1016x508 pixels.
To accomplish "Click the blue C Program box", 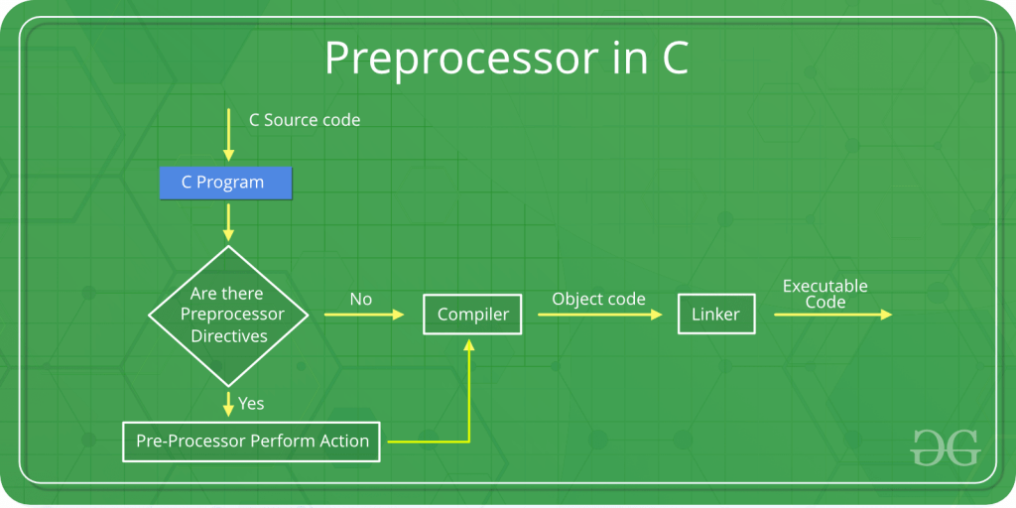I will pos(226,183).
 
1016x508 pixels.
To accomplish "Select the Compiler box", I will pos(473,315).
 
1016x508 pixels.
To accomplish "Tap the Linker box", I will pos(715,315).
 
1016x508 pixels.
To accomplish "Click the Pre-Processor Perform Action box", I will pos(252,442).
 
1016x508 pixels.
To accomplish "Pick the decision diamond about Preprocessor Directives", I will pos(229,316).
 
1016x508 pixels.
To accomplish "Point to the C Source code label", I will pos(305,120).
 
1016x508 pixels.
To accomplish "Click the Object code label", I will pos(598,299).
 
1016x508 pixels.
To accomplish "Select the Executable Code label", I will pos(825,294).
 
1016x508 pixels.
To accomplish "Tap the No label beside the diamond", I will pos(361,299).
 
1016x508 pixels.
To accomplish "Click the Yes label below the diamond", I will pos(251,404).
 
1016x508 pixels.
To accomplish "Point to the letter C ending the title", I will pos(674,60).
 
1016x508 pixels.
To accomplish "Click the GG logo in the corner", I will pos(945,447).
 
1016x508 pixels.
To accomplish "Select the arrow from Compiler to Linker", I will pos(599,315).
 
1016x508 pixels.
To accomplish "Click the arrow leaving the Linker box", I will pos(832,315).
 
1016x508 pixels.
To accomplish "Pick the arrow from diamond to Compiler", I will pos(364,315).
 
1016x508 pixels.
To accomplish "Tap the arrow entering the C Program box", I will pos(229,135).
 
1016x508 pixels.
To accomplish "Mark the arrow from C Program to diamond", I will pos(229,221).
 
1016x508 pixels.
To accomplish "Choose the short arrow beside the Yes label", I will pos(229,404).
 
